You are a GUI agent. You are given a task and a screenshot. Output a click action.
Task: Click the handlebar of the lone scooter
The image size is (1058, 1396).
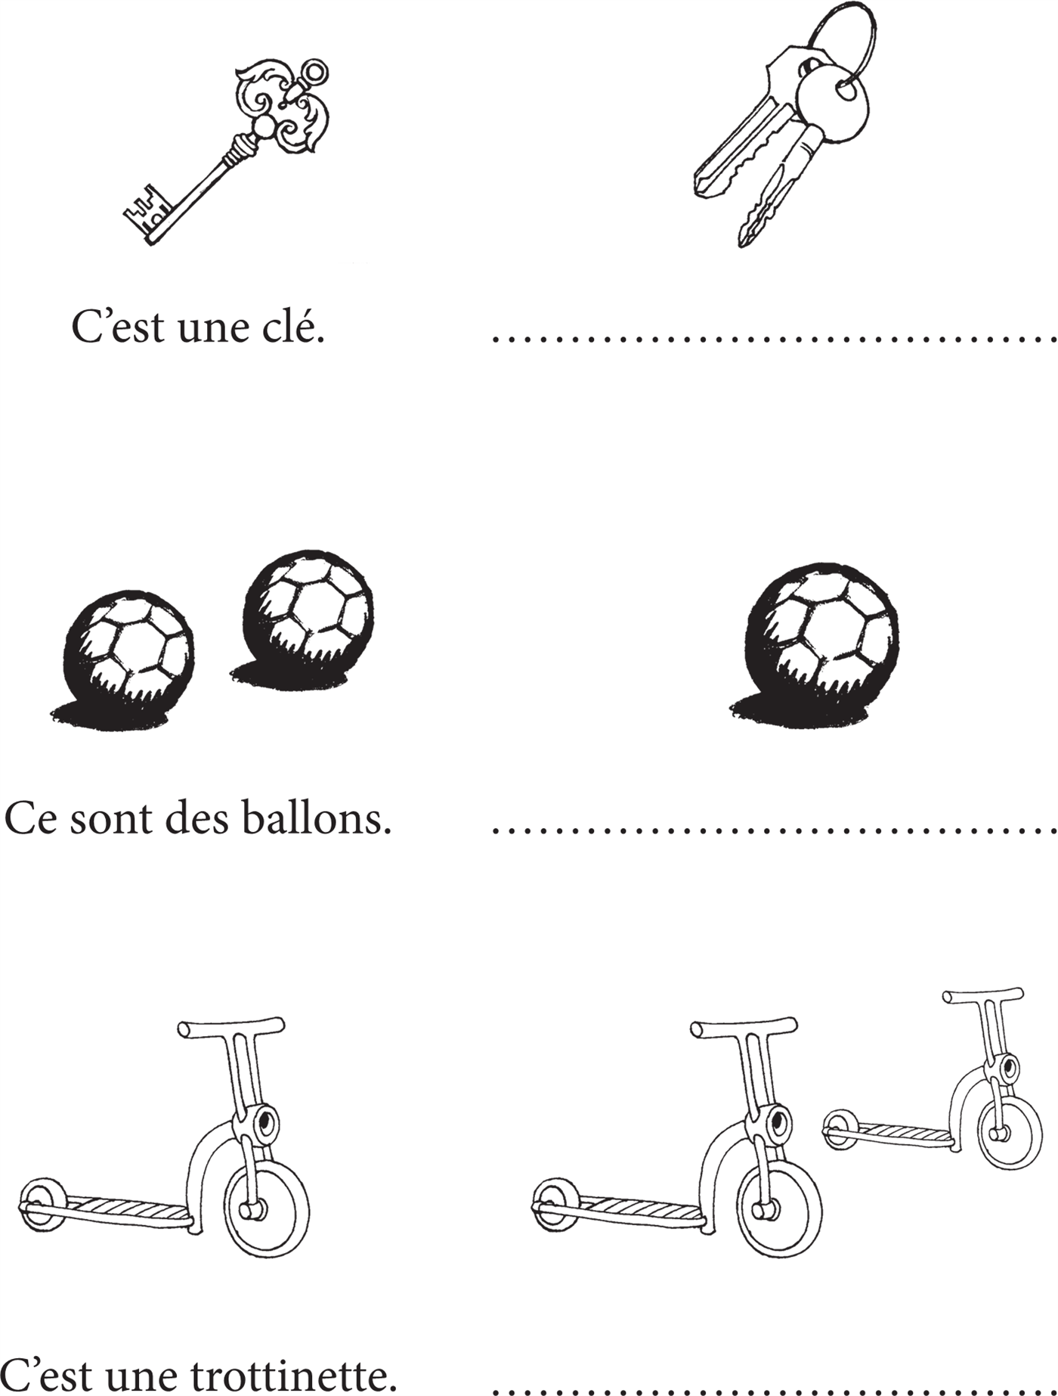point(231,1028)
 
